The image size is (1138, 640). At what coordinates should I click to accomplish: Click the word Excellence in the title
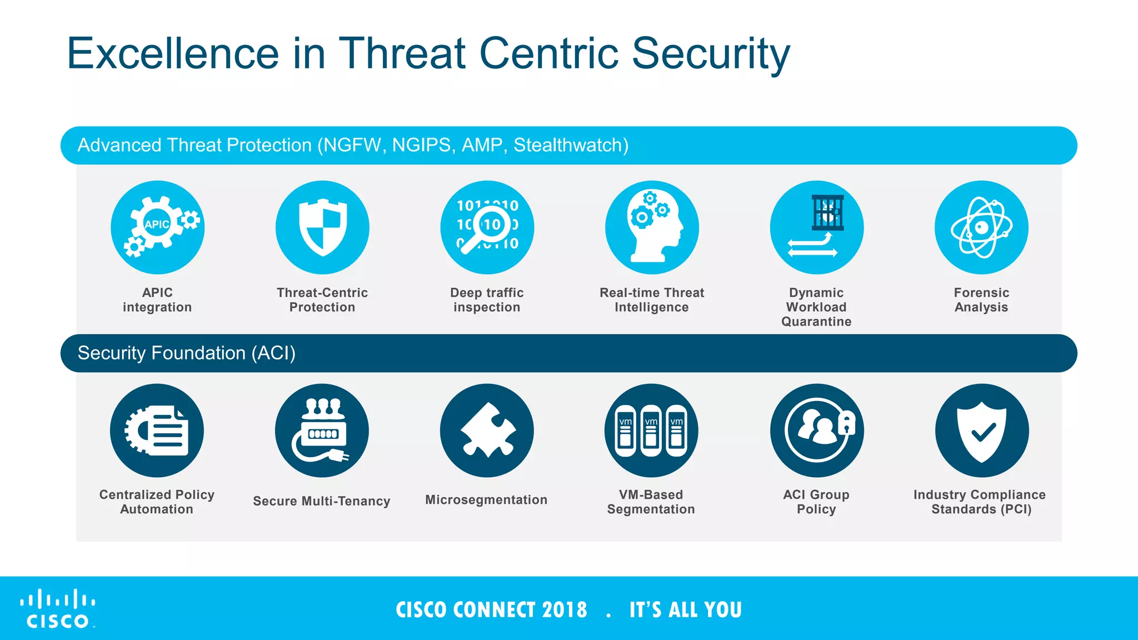point(172,54)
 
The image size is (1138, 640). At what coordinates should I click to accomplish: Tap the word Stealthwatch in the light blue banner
point(570,145)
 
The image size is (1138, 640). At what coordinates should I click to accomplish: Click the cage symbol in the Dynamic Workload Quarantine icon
point(827,213)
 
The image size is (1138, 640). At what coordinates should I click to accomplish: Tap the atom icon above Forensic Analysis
point(981,228)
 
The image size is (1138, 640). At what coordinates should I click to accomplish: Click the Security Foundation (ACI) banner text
point(186,353)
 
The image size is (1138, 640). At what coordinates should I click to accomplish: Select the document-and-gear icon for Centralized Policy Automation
point(157,431)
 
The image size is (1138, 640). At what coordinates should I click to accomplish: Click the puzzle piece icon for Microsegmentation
point(487,431)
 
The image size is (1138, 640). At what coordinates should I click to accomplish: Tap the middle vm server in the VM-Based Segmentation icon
point(651,431)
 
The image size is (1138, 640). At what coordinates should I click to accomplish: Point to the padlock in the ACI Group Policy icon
point(846,423)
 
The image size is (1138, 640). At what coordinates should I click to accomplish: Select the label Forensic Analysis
point(981,300)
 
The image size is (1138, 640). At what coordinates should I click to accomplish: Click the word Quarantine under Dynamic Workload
point(816,322)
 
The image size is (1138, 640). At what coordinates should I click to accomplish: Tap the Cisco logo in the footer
point(58,609)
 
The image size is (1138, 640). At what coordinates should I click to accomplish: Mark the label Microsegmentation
point(486,500)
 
